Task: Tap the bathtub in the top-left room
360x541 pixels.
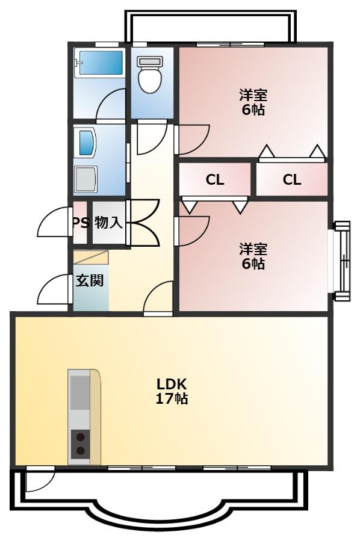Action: click(98, 63)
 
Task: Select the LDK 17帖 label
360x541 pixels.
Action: click(173, 391)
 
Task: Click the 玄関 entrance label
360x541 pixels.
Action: click(89, 280)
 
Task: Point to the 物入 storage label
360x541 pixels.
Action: click(109, 222)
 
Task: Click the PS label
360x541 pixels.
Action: click(81, 222)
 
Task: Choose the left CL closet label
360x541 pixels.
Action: click(215, 179)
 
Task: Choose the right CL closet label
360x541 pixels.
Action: click(292, 179)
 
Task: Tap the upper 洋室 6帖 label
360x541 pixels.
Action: click(253, 102)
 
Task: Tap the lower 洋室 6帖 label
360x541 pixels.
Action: click(253, 256)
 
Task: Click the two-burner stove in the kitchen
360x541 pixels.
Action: click(80, 445)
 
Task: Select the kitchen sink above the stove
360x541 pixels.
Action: click(79, 392)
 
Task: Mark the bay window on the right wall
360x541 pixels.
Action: click(341, 262)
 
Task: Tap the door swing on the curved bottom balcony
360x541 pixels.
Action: click(40, 479)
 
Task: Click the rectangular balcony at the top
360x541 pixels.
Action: click(211, 27)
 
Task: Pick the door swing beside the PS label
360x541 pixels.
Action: click(53, 223)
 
